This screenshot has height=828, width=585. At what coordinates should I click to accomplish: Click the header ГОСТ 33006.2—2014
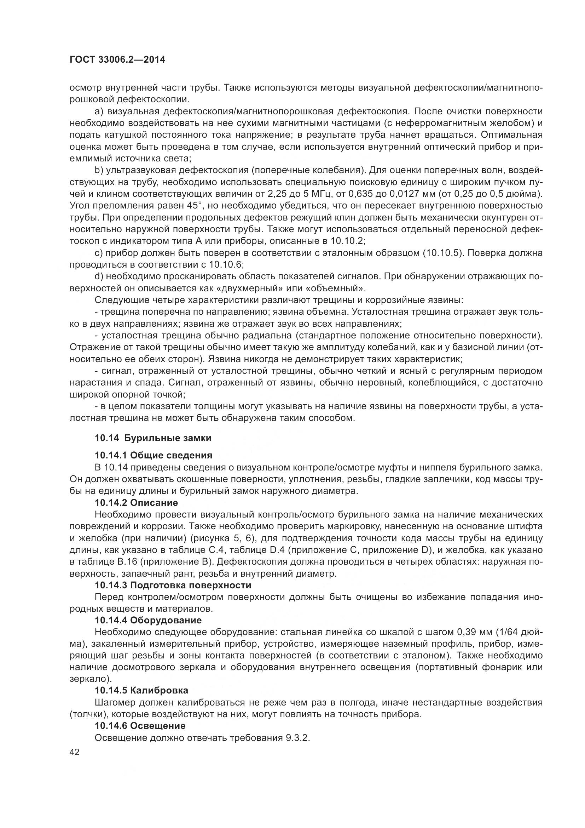pyautogui.click(x=117, y=59)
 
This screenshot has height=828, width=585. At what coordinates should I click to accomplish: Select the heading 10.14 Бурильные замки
pyautogui.click(x=153, y=438)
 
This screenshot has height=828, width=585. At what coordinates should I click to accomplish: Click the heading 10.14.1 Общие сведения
pyautogui.click(x=154, y=455)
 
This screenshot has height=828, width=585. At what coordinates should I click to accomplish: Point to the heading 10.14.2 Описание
pyautogui.click(x=136, y=502)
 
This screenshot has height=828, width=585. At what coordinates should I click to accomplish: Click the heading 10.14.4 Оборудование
pyautogui.click(x=148, y=620)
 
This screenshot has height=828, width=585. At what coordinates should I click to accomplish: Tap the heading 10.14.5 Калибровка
pyautogui.click(x=141, y=691)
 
